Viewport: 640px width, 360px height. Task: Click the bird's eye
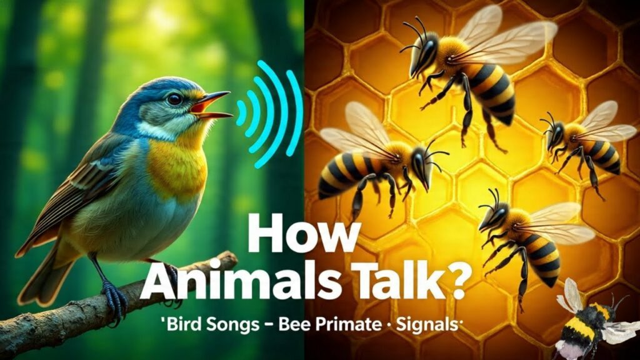coord(175,99)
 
